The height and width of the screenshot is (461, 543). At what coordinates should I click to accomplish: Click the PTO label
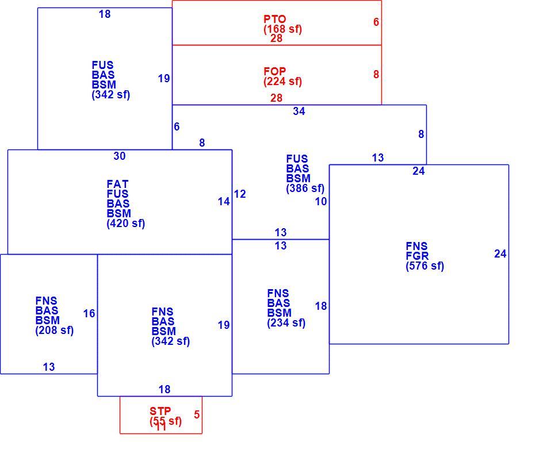(x=274, y=19)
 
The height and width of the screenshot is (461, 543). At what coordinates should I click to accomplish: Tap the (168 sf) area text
(x=282, y=29)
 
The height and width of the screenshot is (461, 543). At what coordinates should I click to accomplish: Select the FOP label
(x=274, y=71)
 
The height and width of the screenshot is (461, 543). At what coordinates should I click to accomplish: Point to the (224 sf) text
(x=282, y=81)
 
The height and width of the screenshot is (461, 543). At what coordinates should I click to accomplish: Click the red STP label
(x=160, y=411)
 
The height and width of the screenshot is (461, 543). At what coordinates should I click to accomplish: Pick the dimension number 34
(x=299, y=111)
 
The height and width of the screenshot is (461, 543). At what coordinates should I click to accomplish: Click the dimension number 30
(x=120, y=156)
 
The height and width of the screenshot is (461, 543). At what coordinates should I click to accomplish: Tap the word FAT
(x=117, y=184)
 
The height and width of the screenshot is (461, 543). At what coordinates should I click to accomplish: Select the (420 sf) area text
(x=126, y=223)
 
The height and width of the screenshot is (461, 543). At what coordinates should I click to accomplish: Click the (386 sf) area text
(x=305, y=189)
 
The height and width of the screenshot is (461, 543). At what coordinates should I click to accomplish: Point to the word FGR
(x=417, y=256)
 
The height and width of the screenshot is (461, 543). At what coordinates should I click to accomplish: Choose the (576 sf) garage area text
(x=425, y=266)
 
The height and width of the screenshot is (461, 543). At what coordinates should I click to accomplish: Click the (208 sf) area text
(x=55, y=330)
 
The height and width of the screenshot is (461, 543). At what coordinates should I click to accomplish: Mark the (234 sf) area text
(x=286, y=323)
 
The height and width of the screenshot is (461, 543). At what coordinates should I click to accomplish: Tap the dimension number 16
(x=89, y=314)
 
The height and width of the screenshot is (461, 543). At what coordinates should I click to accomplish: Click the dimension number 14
(x=224, y=201)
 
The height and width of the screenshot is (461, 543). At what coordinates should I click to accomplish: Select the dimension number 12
(x=240, y=194)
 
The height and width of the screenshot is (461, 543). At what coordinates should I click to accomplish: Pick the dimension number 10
(x=321, y=201)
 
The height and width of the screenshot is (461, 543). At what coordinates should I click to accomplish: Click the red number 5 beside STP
(x=197, y=414)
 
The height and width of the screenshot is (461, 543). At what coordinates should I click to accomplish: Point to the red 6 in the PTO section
(x=376, y=22)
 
